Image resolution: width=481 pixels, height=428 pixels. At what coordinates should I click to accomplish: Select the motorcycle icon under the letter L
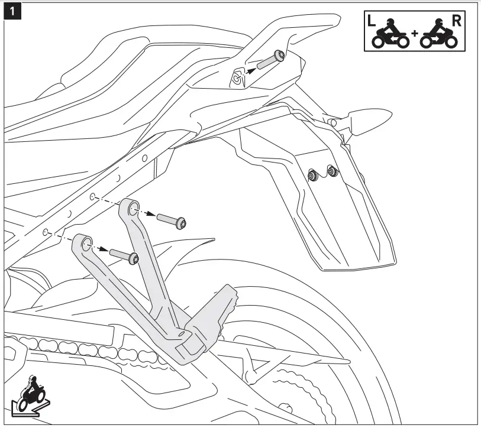(389, 37)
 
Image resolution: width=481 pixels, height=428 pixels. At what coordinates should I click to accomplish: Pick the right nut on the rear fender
(332, 172)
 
